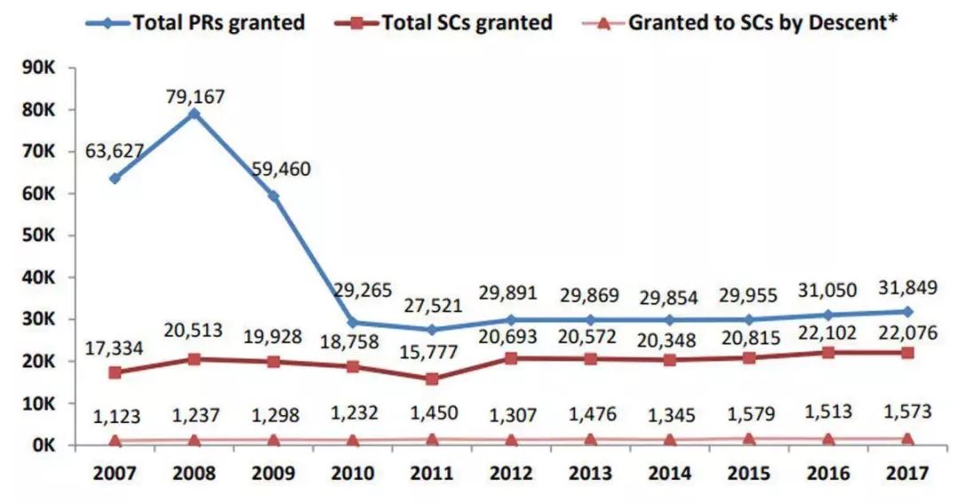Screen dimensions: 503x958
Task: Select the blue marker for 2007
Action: coord(115,178)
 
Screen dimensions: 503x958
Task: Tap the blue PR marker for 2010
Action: coord(353,322)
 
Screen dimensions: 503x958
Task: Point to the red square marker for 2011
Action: coord(432,379)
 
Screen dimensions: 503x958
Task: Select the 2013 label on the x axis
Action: coord(590,473)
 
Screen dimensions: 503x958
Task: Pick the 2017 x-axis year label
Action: coord(906,473)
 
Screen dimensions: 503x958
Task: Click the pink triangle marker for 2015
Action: coord(749,439)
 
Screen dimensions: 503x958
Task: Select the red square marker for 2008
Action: coord(194,359)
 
